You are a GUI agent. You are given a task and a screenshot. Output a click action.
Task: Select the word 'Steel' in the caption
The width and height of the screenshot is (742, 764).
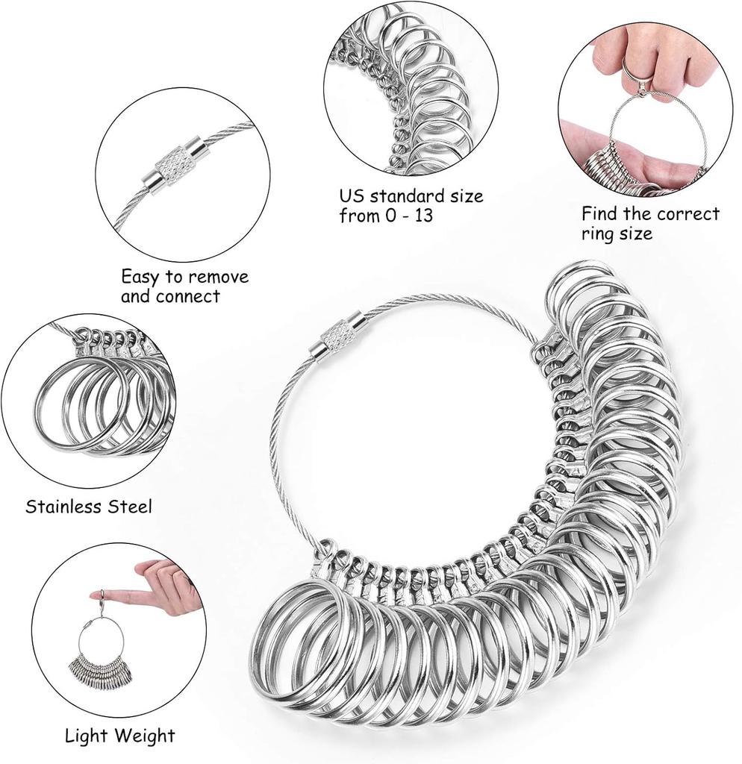pyautogui.click(x=129, y=507)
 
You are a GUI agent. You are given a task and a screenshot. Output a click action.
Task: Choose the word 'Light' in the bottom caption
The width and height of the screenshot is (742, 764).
pyautogui.click(x=85, y=736)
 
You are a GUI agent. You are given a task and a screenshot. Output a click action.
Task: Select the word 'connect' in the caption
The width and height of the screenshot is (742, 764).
pyautogui.click(x=189, y=295)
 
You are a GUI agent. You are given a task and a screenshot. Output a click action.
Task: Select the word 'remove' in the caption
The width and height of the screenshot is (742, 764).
pyautogui.click(x=219, y=277)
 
